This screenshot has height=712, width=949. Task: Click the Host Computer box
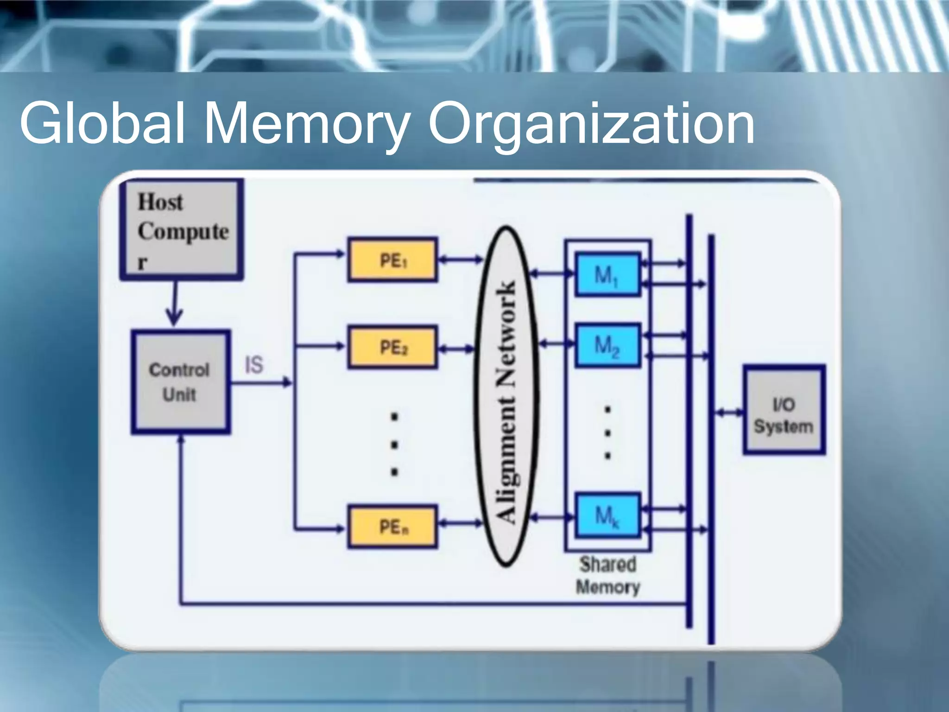pyautogui.click(x=181, y=230)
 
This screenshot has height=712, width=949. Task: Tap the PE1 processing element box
pyautogui.click(x=392, y=260)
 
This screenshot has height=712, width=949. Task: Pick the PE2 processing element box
pyautogui.click(x=392, y=347)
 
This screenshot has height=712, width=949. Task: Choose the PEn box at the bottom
pyautogui.click(x=392, y=527)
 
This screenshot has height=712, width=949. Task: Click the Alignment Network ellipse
pyautogui.click(x=506, y=396)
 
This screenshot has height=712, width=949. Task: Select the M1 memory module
pyautogui.click(x=607, y=274)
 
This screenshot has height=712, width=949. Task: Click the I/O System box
pyautogui.click(x=784, y=410)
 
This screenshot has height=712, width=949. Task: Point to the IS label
pyautogui.click(x=254, y=365)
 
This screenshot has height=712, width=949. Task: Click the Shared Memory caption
pyautogui.click(x=607, y=575)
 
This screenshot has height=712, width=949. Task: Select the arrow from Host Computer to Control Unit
pyautogui.click(x=174, y=304)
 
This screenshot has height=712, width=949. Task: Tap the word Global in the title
pyautogui.click(x=102, y=123)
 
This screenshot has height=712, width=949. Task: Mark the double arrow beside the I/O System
pyautogui.click(x=729, y=412)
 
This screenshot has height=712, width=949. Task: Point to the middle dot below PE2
pyautogui.click(x=394, y=445)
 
